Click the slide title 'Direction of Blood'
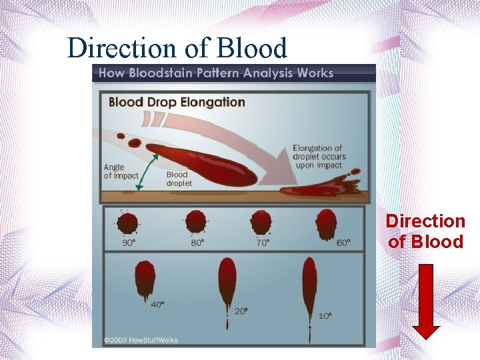pyautogui.click(x=177, y=48)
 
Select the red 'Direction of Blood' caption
pyautogui.click(x=425, y=231)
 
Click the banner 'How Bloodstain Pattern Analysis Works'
pyautogui.click(x=216, y=73)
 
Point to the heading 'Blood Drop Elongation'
pyautogui.click(x=177, y=102)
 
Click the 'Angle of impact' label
pyautogui.click(x=121, y=171)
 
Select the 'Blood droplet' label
pyautogui.click(x=179, y=179)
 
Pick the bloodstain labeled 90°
pyautogui.click(x=128, y=223)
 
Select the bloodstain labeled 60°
pyautogui.click(x=326, y=223)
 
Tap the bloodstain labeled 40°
pyautogui.click(x=145, y=279)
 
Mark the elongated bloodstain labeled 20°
pyautogui.click(x=227, y=284)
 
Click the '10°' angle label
pyautogui.click(x=324, y=315)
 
